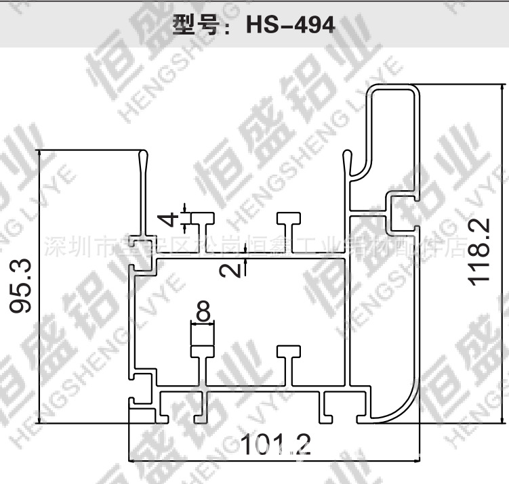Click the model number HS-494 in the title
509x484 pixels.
pos(290,25)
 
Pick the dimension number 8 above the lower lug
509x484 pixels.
pos(202,312)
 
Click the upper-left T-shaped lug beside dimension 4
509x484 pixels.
pos(202,219)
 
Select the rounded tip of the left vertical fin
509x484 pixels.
pos(143,155)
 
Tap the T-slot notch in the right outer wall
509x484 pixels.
pos(400,206)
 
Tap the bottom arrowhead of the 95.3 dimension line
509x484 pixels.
pos(42,419)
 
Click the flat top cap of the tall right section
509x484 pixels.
pos(393,88)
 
